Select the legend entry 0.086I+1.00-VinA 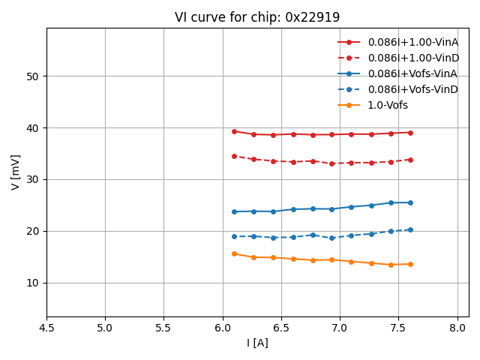pos(412,42)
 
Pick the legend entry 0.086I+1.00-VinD pos(412,58)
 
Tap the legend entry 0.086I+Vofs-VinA pos(412,73)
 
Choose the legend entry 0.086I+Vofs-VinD pos(412,89)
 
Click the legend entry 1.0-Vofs pos(388,105)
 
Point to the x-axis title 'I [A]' pos(257,343)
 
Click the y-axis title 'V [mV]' pos(16,172)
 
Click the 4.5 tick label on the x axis pos(46,328)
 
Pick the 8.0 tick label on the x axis pos(457,328)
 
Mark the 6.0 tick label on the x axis pos(223,328)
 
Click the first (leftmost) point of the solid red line pos(234,131)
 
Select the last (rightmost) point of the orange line pos(410,264)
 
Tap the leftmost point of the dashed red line pos(234,156)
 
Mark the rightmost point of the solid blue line pos(410,202)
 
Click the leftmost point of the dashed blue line pos(234,236)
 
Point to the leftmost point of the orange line pos(234,253)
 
